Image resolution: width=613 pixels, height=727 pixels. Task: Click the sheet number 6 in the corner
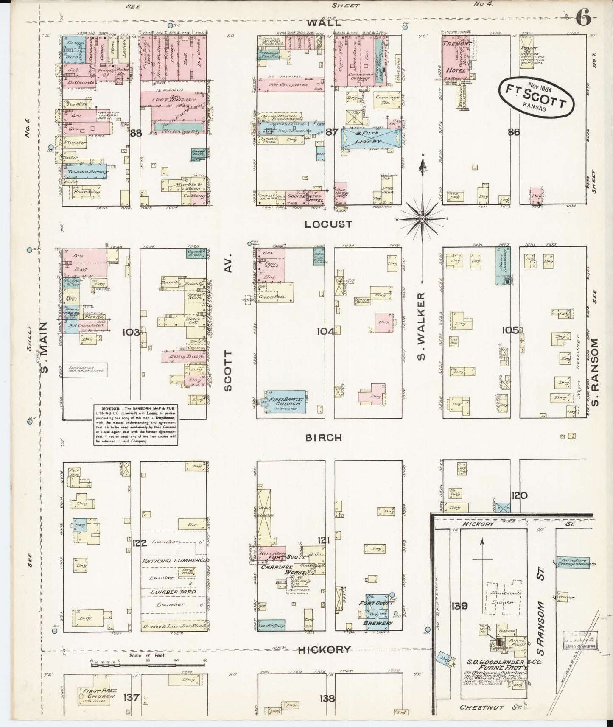tap(583, 19)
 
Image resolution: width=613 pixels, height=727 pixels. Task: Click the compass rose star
tap(423, 218)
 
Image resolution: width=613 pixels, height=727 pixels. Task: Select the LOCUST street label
tap(328, 224)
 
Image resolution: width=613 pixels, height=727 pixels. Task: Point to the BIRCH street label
tap(324, 437)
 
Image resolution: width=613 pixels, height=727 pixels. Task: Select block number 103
tap(131, 332)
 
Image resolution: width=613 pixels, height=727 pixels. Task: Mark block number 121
tap(324, 540)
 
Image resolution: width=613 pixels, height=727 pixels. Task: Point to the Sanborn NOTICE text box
tap(136, 424)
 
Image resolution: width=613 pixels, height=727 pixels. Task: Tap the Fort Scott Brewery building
tap(376, 612)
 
